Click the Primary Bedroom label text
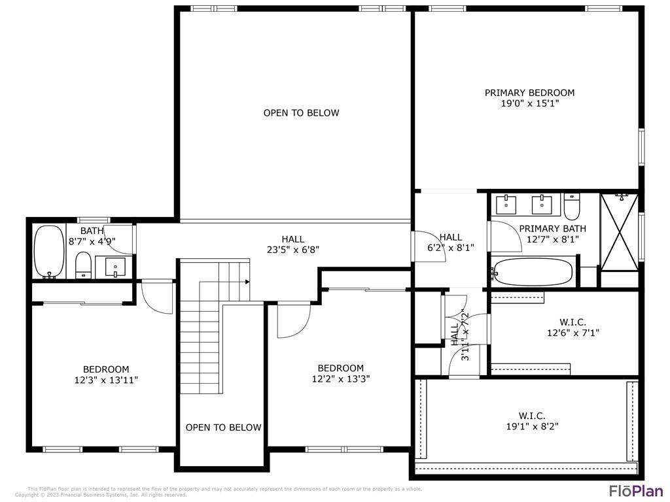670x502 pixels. click(529, 93)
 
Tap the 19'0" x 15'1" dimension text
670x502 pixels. click(529, 103)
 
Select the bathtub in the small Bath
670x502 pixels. click(48, 252)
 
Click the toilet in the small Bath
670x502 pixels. click(83, 265)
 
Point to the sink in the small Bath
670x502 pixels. click(115, 267)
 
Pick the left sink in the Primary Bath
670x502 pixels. click(508, 205)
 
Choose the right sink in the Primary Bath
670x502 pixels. click(542, 205)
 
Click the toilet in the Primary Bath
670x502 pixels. click(571, 208)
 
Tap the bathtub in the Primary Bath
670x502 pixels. click(533, 272)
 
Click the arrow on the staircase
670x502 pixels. click(247, 282)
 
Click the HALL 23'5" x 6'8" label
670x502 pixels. click(292, 244)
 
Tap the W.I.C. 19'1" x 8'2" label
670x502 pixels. click(532, 421)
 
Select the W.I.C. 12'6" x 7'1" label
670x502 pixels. click(573, 327)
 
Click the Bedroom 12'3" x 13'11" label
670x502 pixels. click(105, 375)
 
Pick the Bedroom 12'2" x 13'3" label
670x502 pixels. click(340, 373)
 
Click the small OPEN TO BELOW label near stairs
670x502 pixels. click(223, 427)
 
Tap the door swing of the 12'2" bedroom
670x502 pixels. click(293, 322)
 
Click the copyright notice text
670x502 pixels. click(101, 495)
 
